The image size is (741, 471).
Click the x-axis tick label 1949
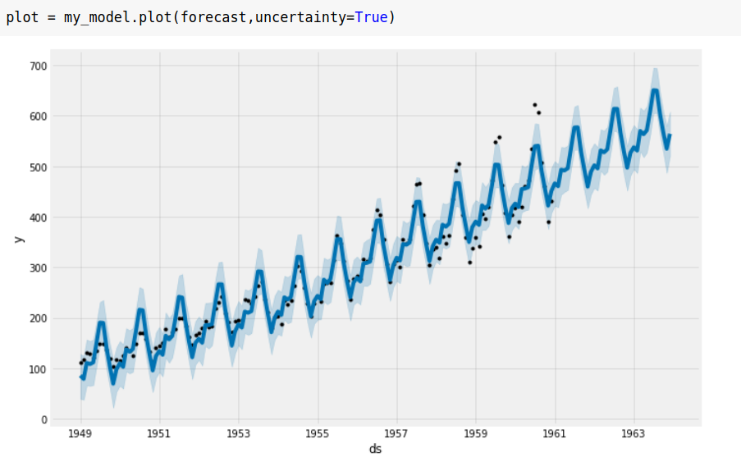80,434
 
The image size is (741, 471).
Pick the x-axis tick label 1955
318,434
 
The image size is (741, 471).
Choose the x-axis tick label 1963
634,434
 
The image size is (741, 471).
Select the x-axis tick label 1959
476,434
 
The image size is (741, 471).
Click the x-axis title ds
375,450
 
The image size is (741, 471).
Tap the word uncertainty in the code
304,16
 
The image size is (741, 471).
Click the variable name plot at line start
22,16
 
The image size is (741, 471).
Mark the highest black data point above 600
534,105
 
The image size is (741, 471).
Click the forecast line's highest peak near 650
655,90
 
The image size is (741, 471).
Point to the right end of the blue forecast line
670,135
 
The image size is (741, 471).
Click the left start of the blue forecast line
80,377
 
